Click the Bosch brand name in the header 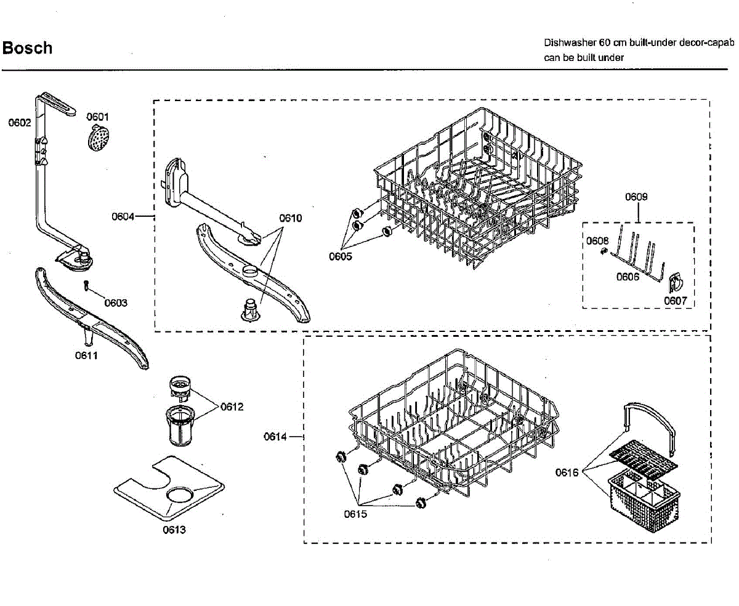click(28, 48)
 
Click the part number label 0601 click(97, 116)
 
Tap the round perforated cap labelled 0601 click(95, 137)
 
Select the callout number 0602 click(19, 123)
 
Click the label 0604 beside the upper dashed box click(123, 216)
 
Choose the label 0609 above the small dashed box click(636, 197)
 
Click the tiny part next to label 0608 click(604, 251)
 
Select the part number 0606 click(628, 277)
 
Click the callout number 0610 click(291, 218)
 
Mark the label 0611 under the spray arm click(86, 355)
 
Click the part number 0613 click(174, 529)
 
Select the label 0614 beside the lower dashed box click(275, 437)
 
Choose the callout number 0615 click(355, 514)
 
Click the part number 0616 click(567, 472)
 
